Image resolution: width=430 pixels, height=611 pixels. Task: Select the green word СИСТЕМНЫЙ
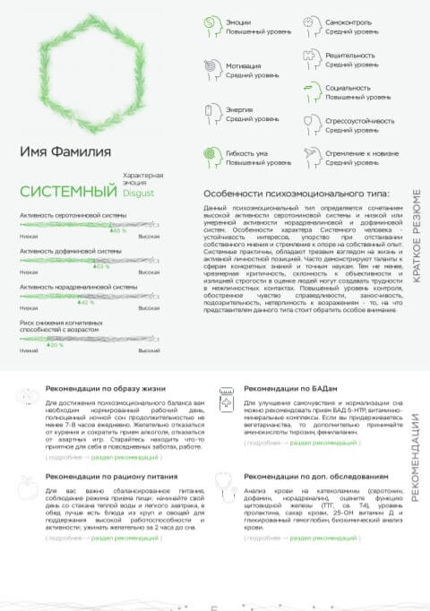[x=69, y=191]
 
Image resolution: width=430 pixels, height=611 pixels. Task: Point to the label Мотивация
[x=244, y=65]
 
